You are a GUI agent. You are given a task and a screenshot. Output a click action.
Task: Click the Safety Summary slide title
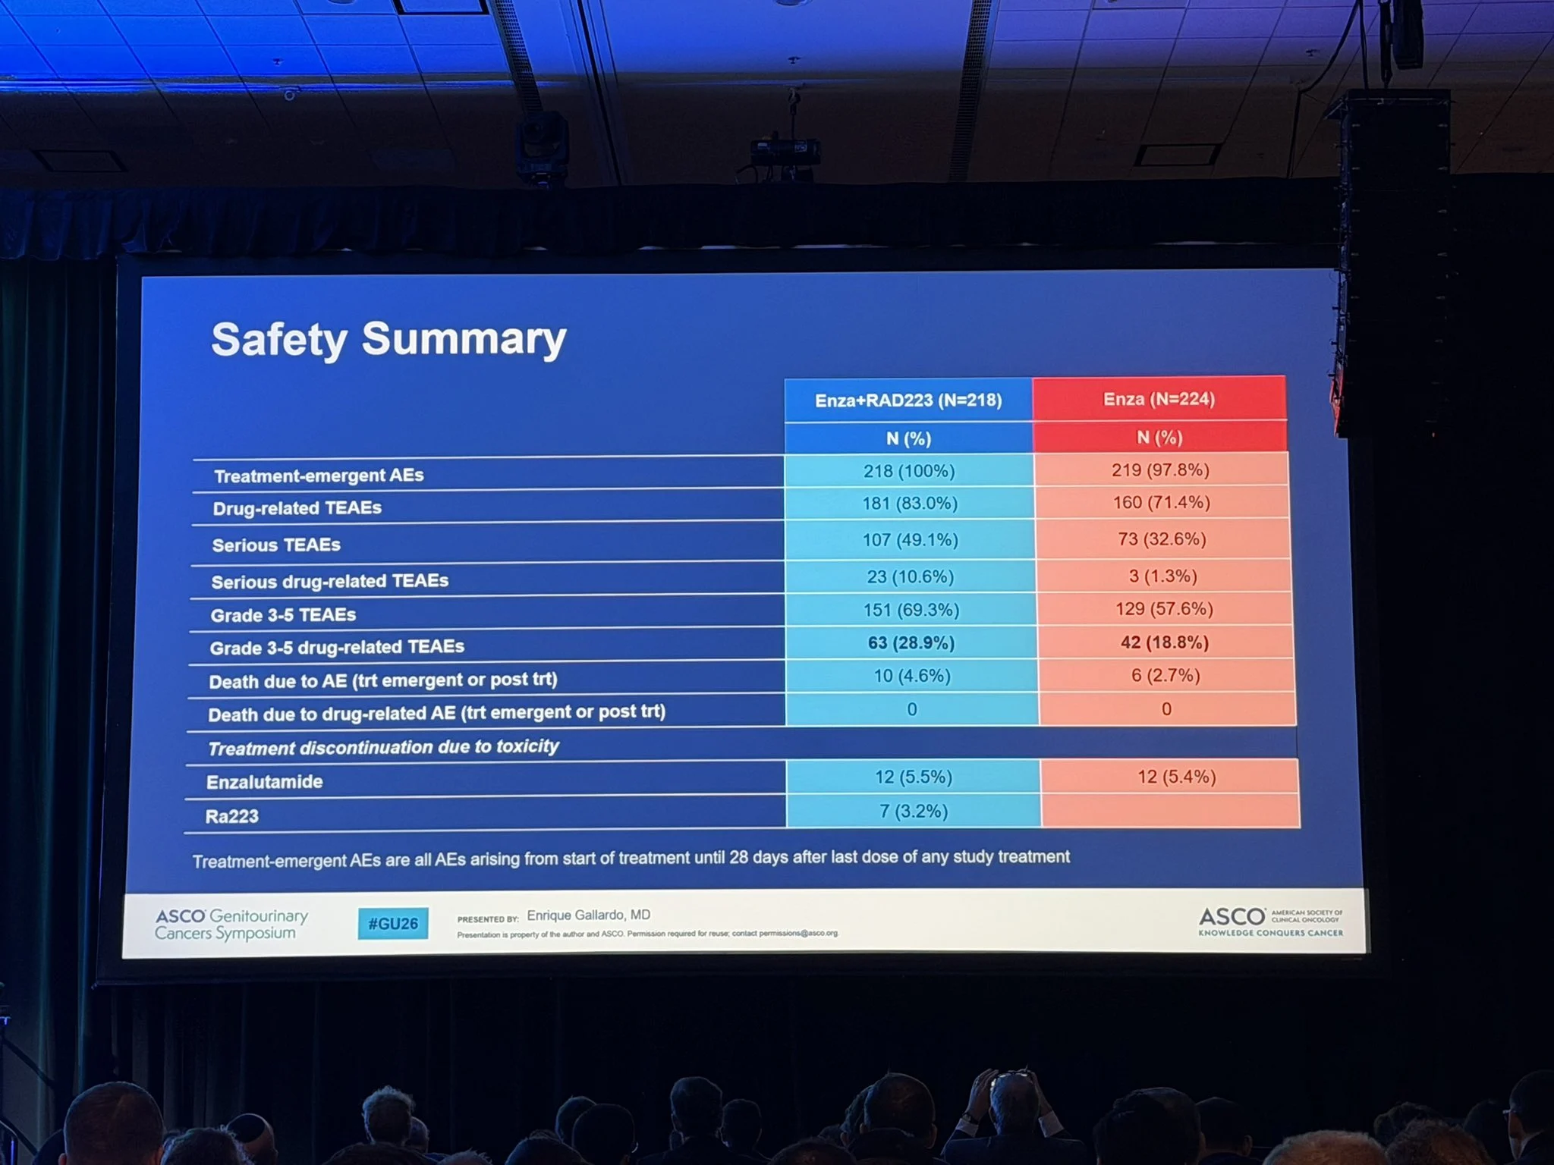(x=388, y=338)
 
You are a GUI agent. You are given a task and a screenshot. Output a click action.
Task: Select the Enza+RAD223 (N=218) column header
(x=908, y=400)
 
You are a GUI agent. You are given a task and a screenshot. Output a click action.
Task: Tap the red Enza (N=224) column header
(x=1159, y=399)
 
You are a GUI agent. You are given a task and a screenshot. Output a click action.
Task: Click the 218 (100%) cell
(x=908, y=471)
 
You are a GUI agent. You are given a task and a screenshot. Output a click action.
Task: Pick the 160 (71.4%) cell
(x=1161, y=502)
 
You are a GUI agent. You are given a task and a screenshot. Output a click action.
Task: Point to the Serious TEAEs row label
(x=276, y=545)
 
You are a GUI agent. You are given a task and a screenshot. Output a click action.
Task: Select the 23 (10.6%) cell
(x=910, y=577)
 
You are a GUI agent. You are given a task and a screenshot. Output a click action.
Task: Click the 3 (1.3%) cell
(x=1162, y=576)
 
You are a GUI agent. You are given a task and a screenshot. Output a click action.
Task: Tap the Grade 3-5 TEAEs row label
(x=283, y=615)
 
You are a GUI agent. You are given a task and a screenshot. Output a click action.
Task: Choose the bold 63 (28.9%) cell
(x=911, y=643)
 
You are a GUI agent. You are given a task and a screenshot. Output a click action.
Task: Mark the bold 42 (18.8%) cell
(x=1164, y=642)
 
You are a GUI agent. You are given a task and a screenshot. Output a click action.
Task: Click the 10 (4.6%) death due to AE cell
(x=911, y=676)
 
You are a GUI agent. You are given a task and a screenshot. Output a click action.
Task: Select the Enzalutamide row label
(x=264, y=782)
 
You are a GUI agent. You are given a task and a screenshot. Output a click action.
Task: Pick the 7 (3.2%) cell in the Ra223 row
(x=914, y=812)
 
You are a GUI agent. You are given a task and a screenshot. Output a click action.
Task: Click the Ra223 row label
(x=231, y=817)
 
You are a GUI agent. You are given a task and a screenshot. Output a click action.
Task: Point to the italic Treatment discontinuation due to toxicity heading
(x=383, y=748)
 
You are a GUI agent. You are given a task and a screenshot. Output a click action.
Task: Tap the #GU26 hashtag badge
(x=393, y=924)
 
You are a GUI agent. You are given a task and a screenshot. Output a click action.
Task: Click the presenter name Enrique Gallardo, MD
(x=588, y=915)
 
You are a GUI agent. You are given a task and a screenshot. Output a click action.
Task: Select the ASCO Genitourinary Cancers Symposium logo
(x=231, y=925)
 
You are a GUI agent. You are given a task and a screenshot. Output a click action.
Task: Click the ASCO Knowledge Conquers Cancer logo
(x=1269, y=922)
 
